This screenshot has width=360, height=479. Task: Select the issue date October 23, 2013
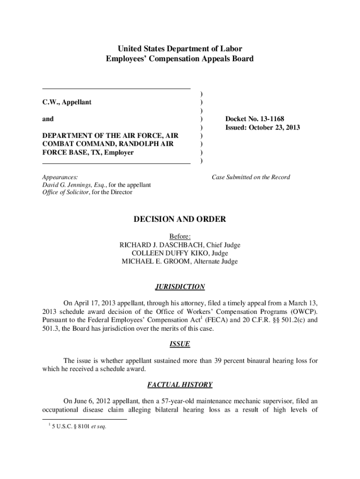coord(275,128)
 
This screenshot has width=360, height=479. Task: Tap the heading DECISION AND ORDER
coord(180,219)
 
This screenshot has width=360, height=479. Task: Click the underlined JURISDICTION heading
coord(180,287)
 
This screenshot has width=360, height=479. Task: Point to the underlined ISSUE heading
coord(180,344)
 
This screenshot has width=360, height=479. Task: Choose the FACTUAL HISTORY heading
coord(180,385)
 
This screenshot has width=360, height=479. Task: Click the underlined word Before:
coord(180,236)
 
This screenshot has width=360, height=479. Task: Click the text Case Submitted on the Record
coord(251,177)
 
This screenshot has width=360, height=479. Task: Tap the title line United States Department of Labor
coord(180,49)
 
